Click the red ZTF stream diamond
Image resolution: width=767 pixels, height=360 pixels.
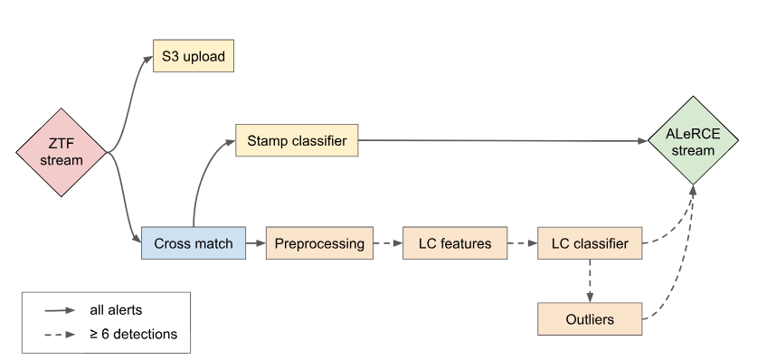62,153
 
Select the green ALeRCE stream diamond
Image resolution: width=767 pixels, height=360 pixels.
693,140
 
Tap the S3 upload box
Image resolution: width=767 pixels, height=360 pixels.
194,56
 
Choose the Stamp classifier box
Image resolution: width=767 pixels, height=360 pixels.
297,140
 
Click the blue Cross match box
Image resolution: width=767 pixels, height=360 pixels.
194,243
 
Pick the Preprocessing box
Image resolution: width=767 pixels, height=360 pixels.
319,243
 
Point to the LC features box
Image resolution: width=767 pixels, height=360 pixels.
455,243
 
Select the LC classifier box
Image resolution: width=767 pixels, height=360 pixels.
590,243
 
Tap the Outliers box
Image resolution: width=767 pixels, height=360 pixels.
590,319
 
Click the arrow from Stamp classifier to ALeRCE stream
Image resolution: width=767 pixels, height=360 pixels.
503,141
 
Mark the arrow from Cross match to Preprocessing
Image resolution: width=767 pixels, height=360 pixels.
256,243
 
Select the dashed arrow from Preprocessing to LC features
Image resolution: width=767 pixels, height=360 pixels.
388,243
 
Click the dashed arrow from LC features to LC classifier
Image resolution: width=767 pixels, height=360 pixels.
523,243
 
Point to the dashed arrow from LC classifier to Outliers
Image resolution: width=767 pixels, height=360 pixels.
590,280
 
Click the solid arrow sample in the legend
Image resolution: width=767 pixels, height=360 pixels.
60,310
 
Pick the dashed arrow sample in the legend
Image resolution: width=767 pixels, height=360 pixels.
60,335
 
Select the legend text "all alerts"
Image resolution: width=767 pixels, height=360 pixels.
116,310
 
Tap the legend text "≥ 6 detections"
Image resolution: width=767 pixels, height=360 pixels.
134,334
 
